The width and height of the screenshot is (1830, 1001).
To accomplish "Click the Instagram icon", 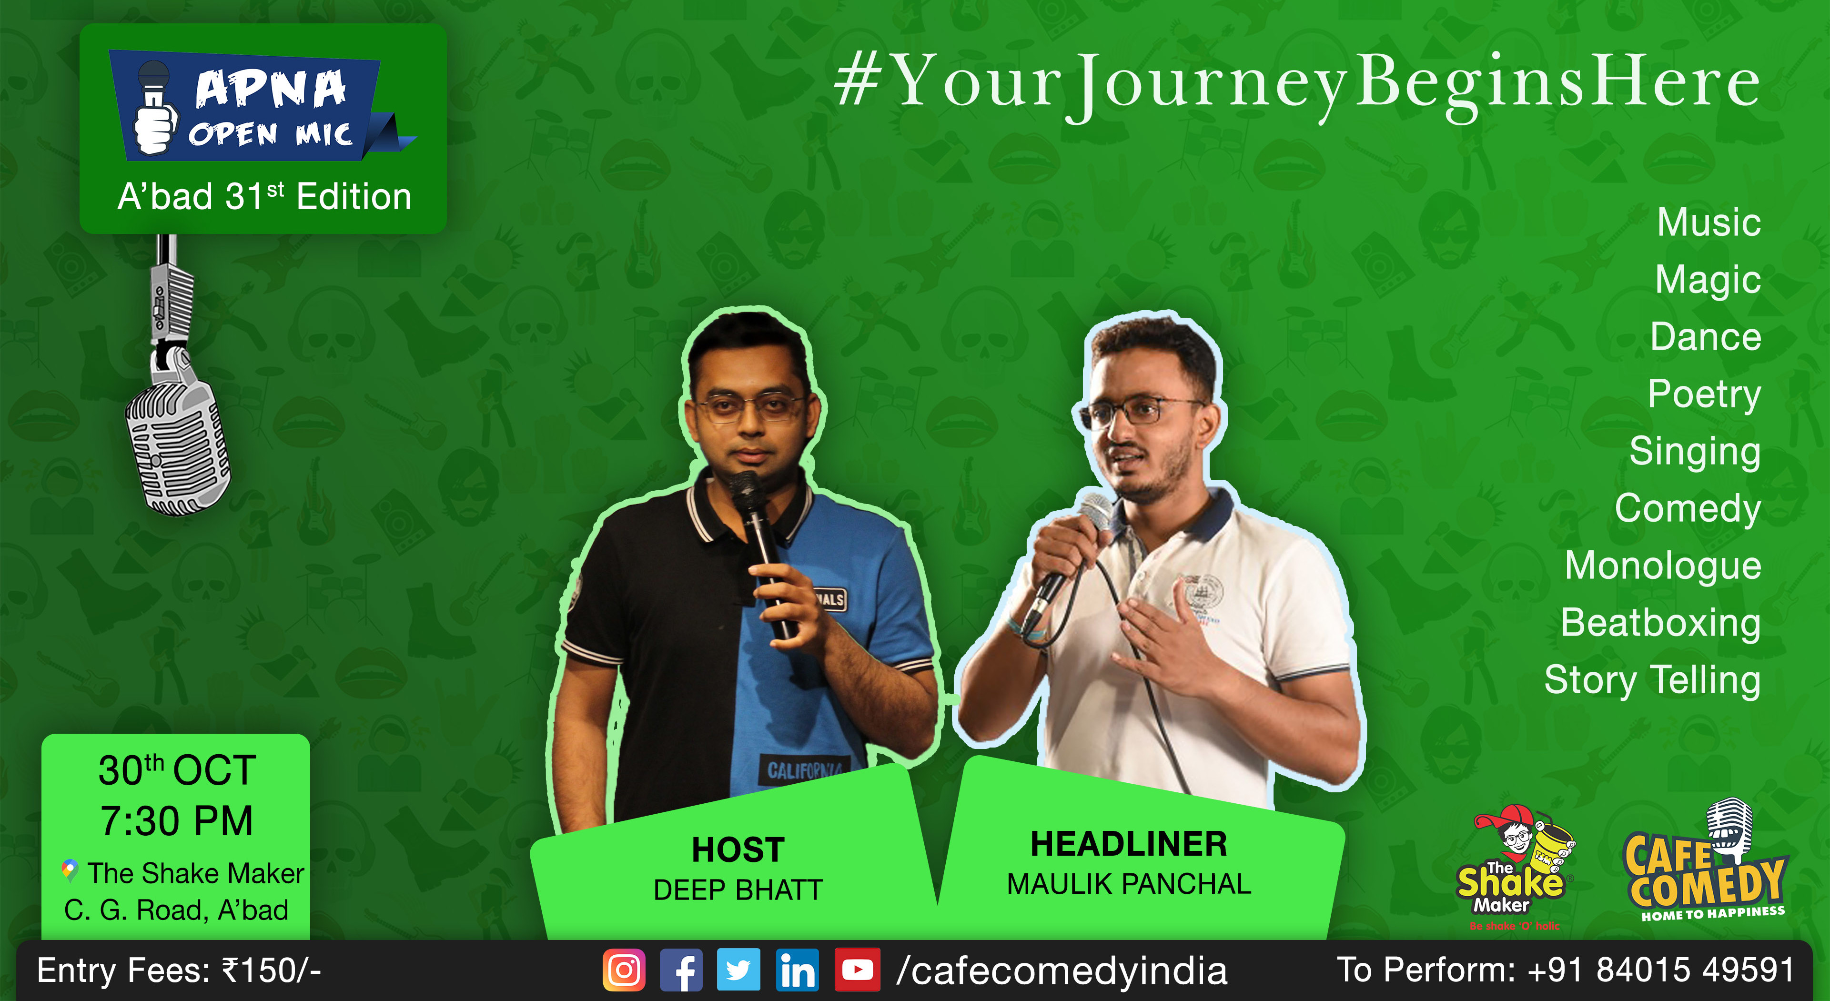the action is (x=624, y=970).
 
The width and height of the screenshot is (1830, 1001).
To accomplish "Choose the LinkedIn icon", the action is (x=797, y=970).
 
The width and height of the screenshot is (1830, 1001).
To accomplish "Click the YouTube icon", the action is (x=857, y=970).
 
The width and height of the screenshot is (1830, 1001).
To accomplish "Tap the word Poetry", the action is (x=1704, y=395).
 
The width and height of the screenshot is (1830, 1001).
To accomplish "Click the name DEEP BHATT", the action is (x=738, y=890).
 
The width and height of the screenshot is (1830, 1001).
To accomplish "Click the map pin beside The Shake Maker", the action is (x=69, y=870).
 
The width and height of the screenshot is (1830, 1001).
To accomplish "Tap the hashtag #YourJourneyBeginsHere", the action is (x=1296, y=84).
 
